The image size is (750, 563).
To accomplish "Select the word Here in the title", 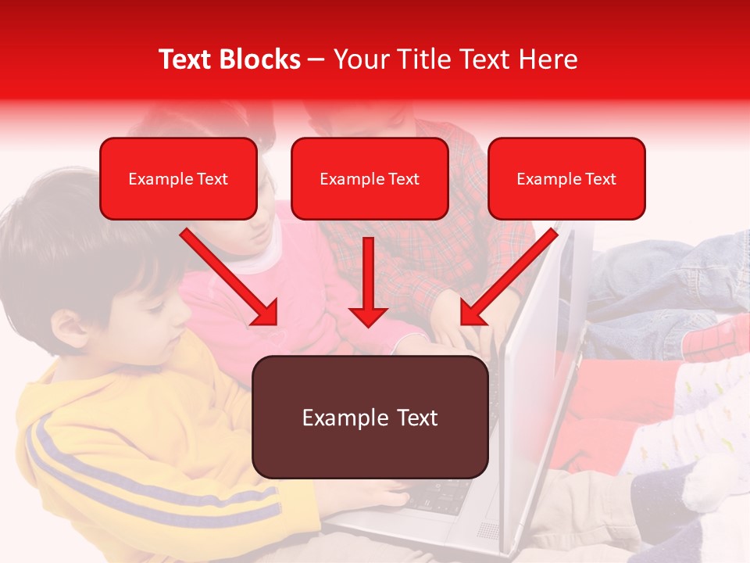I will coord(547,59).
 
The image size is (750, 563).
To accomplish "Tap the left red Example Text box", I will coord(178,179).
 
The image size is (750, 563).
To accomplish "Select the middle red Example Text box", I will coord(370,179).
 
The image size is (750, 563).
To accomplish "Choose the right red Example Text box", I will coord(566,179).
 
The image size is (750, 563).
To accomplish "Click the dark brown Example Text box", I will coord(370,418).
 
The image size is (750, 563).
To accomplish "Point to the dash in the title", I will coord(316,60).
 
